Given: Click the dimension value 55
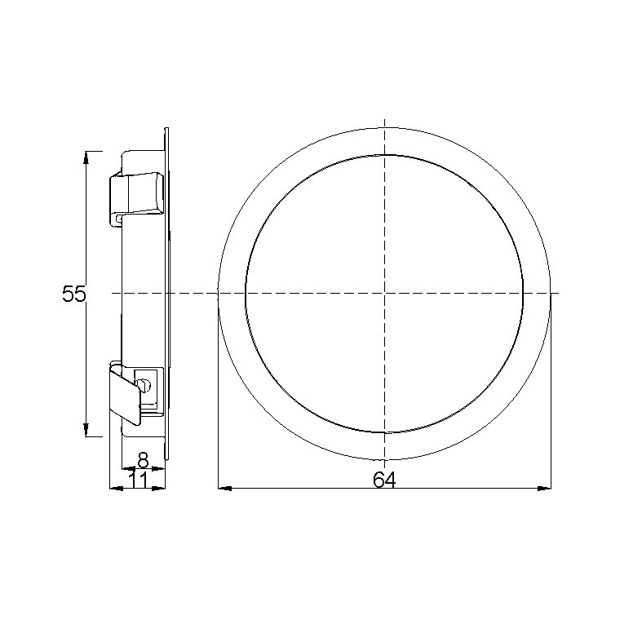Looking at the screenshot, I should click(73, 294).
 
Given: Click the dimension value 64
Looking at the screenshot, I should click(384, 480).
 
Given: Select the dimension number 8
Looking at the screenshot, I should click(143, 460).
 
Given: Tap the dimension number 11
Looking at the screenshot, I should click(138, 480).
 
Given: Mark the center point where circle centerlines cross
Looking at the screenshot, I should click(384, 293).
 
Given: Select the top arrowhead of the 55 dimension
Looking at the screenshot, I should click(87, 156).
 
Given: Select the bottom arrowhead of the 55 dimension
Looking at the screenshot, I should click(87, 432).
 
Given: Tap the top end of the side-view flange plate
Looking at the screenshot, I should click(166, 130).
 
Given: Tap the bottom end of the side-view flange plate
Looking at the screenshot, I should click(166, 458).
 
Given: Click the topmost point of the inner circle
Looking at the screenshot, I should click(384, 154).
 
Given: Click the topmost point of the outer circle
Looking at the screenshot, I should click(384, 126).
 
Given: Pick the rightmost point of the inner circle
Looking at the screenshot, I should click(523, 293).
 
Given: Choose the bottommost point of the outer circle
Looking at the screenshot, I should click(384, 459).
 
